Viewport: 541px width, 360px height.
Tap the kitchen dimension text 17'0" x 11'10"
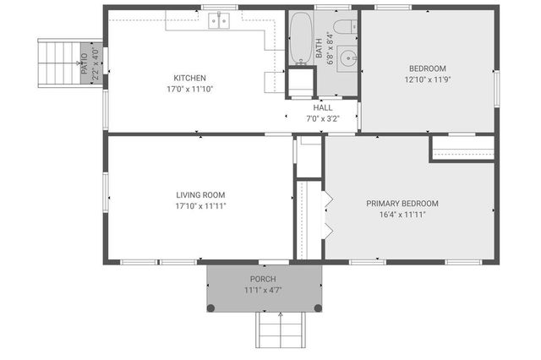pos(189,88)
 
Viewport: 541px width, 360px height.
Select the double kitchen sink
pos(220,20)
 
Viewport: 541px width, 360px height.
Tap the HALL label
pos(323,108)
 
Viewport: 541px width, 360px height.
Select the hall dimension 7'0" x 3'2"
pos(323,118)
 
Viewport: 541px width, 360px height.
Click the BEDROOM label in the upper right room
pos(428,68)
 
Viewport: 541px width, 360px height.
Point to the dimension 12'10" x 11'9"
pos(428,79)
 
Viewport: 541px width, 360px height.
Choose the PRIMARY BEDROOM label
pos(402,204)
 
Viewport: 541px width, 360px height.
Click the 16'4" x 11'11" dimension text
pos(402,215)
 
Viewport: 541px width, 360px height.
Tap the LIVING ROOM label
pos(200,195)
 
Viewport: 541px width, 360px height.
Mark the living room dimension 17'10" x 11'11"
pos(200,205)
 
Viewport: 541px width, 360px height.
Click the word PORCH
pos(262,279)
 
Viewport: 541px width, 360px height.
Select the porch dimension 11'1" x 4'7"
pos(262,290)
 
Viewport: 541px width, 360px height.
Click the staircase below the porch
pos(280,330)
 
